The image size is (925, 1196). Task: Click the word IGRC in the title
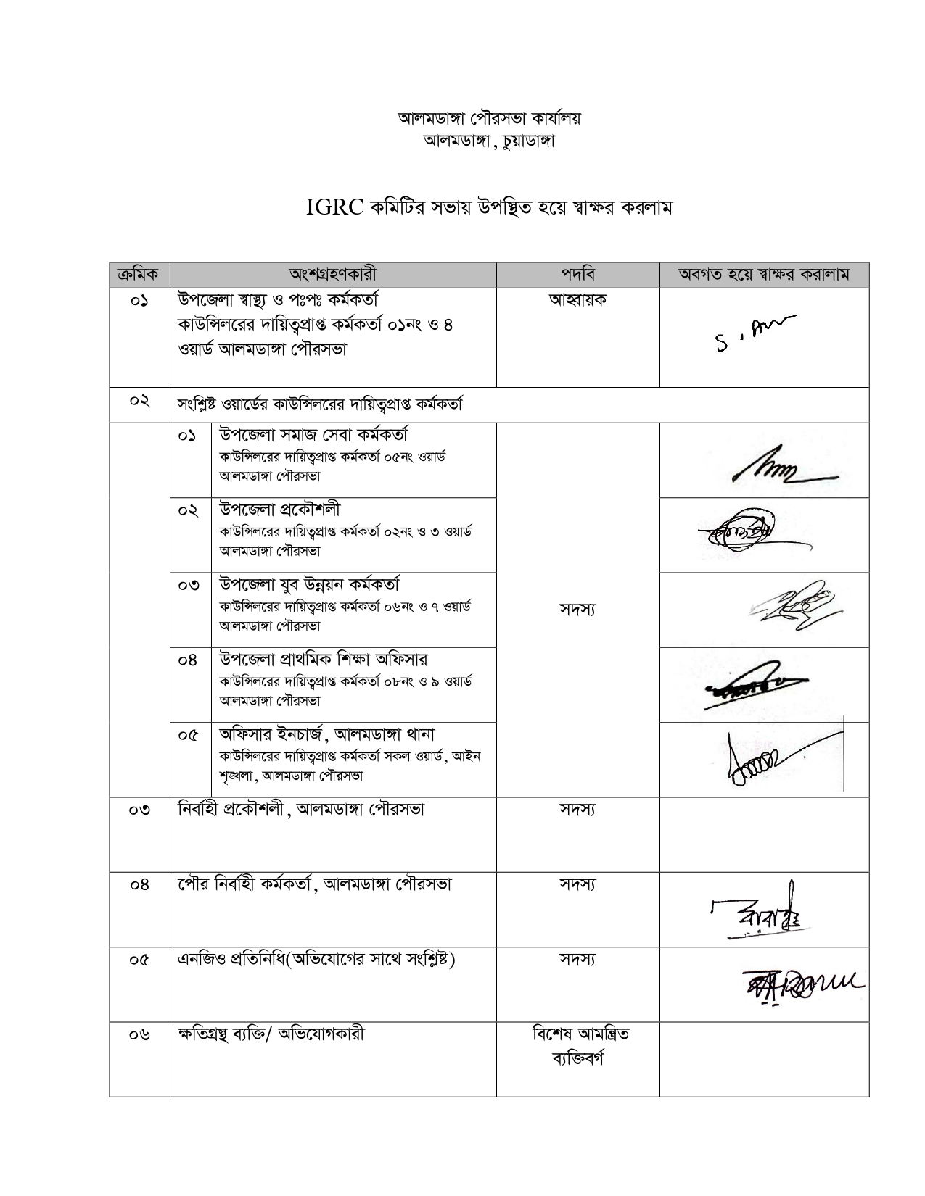pyautogui.click(x=334, y=208)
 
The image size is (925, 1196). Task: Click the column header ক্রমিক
pyautogui.click(x=139, y=275)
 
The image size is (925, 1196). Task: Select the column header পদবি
pyautogui.click(x=577, y=275)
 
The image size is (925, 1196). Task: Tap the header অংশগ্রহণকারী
pyautogui.click(x=333, y=275)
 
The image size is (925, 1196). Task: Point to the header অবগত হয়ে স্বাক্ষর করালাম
pyautogui.click(x=763, y=275)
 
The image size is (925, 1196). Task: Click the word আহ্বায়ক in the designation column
pyautogui.click(x=577, y=299)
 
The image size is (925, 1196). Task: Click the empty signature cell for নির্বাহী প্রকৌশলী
pyautogui.click(x=763, y=834)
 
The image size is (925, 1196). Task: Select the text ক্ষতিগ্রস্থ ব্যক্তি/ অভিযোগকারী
pyautogui.click(x=271, y=1034)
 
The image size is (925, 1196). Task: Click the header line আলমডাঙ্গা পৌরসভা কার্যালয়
pyautogui.click(x=489, y=118)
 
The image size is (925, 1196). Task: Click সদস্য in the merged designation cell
pyautogui.click(x=577, y=610)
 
